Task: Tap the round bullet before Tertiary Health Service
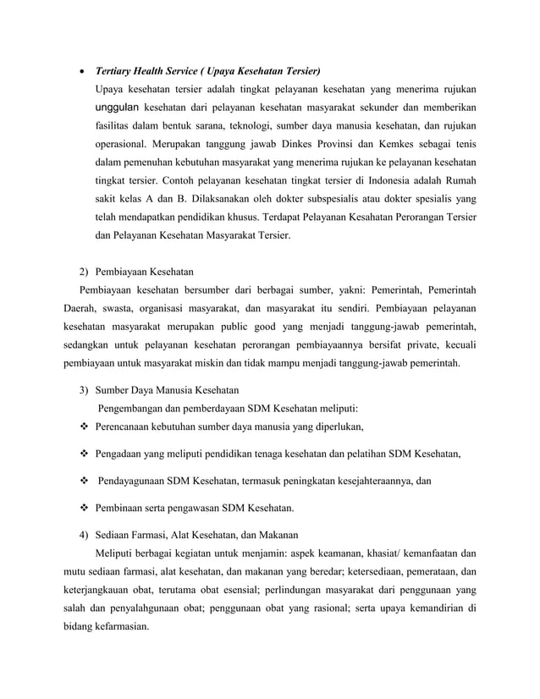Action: coord(79,70)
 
